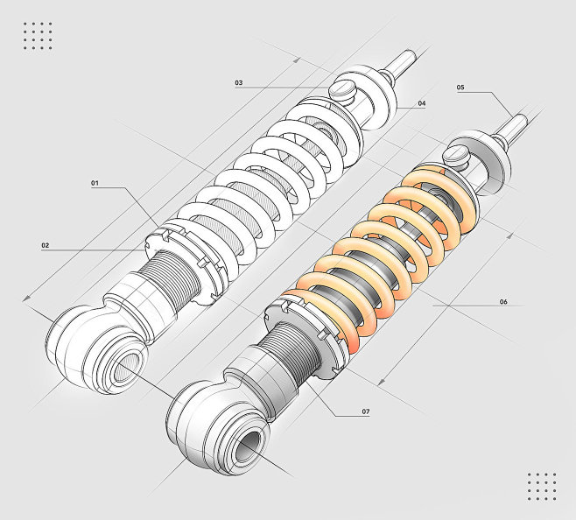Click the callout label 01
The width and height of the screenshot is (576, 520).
(95, 183)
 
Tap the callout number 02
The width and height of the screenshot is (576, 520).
(46, 245)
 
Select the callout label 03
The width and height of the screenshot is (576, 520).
(239, 82)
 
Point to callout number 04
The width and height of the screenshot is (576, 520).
(422, 103)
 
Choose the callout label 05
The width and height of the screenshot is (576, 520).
(460, 88)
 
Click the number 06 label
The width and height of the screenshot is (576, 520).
(503, 302)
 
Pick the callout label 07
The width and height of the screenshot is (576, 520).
(366, 411)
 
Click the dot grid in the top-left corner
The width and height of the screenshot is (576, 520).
(38, 36)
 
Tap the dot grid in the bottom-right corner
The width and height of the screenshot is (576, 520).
(542, 487)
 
